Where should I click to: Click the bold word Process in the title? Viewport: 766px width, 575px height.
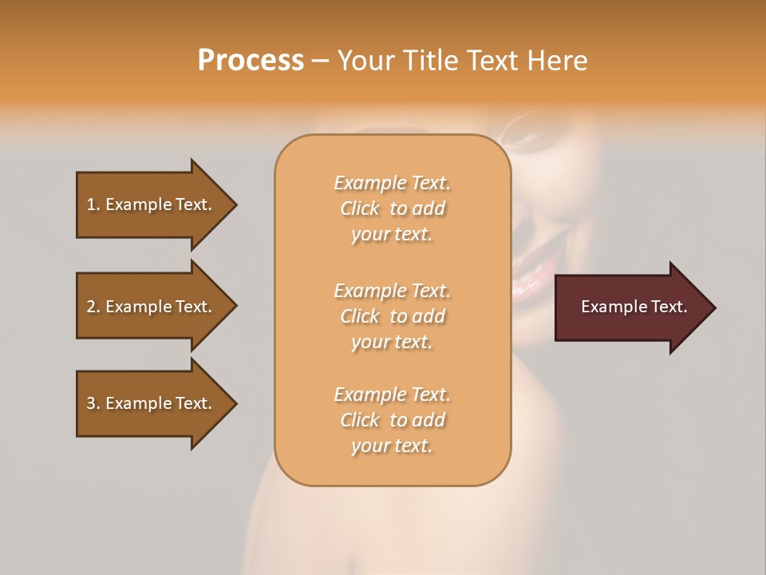(251, 61)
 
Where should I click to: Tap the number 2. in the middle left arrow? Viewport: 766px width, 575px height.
(93, 307)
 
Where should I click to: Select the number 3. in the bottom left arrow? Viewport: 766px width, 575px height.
(93, 403)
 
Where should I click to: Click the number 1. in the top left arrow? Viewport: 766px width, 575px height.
(93, 204)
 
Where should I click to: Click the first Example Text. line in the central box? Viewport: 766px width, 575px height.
(392, 184)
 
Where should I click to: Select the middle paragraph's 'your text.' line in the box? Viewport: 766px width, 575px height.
(392, 342)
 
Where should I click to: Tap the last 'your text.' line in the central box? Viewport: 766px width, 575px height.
(392, 446)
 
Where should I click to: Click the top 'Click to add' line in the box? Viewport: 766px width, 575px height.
(392, 209)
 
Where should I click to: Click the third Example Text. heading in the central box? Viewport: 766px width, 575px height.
(392, 395)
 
